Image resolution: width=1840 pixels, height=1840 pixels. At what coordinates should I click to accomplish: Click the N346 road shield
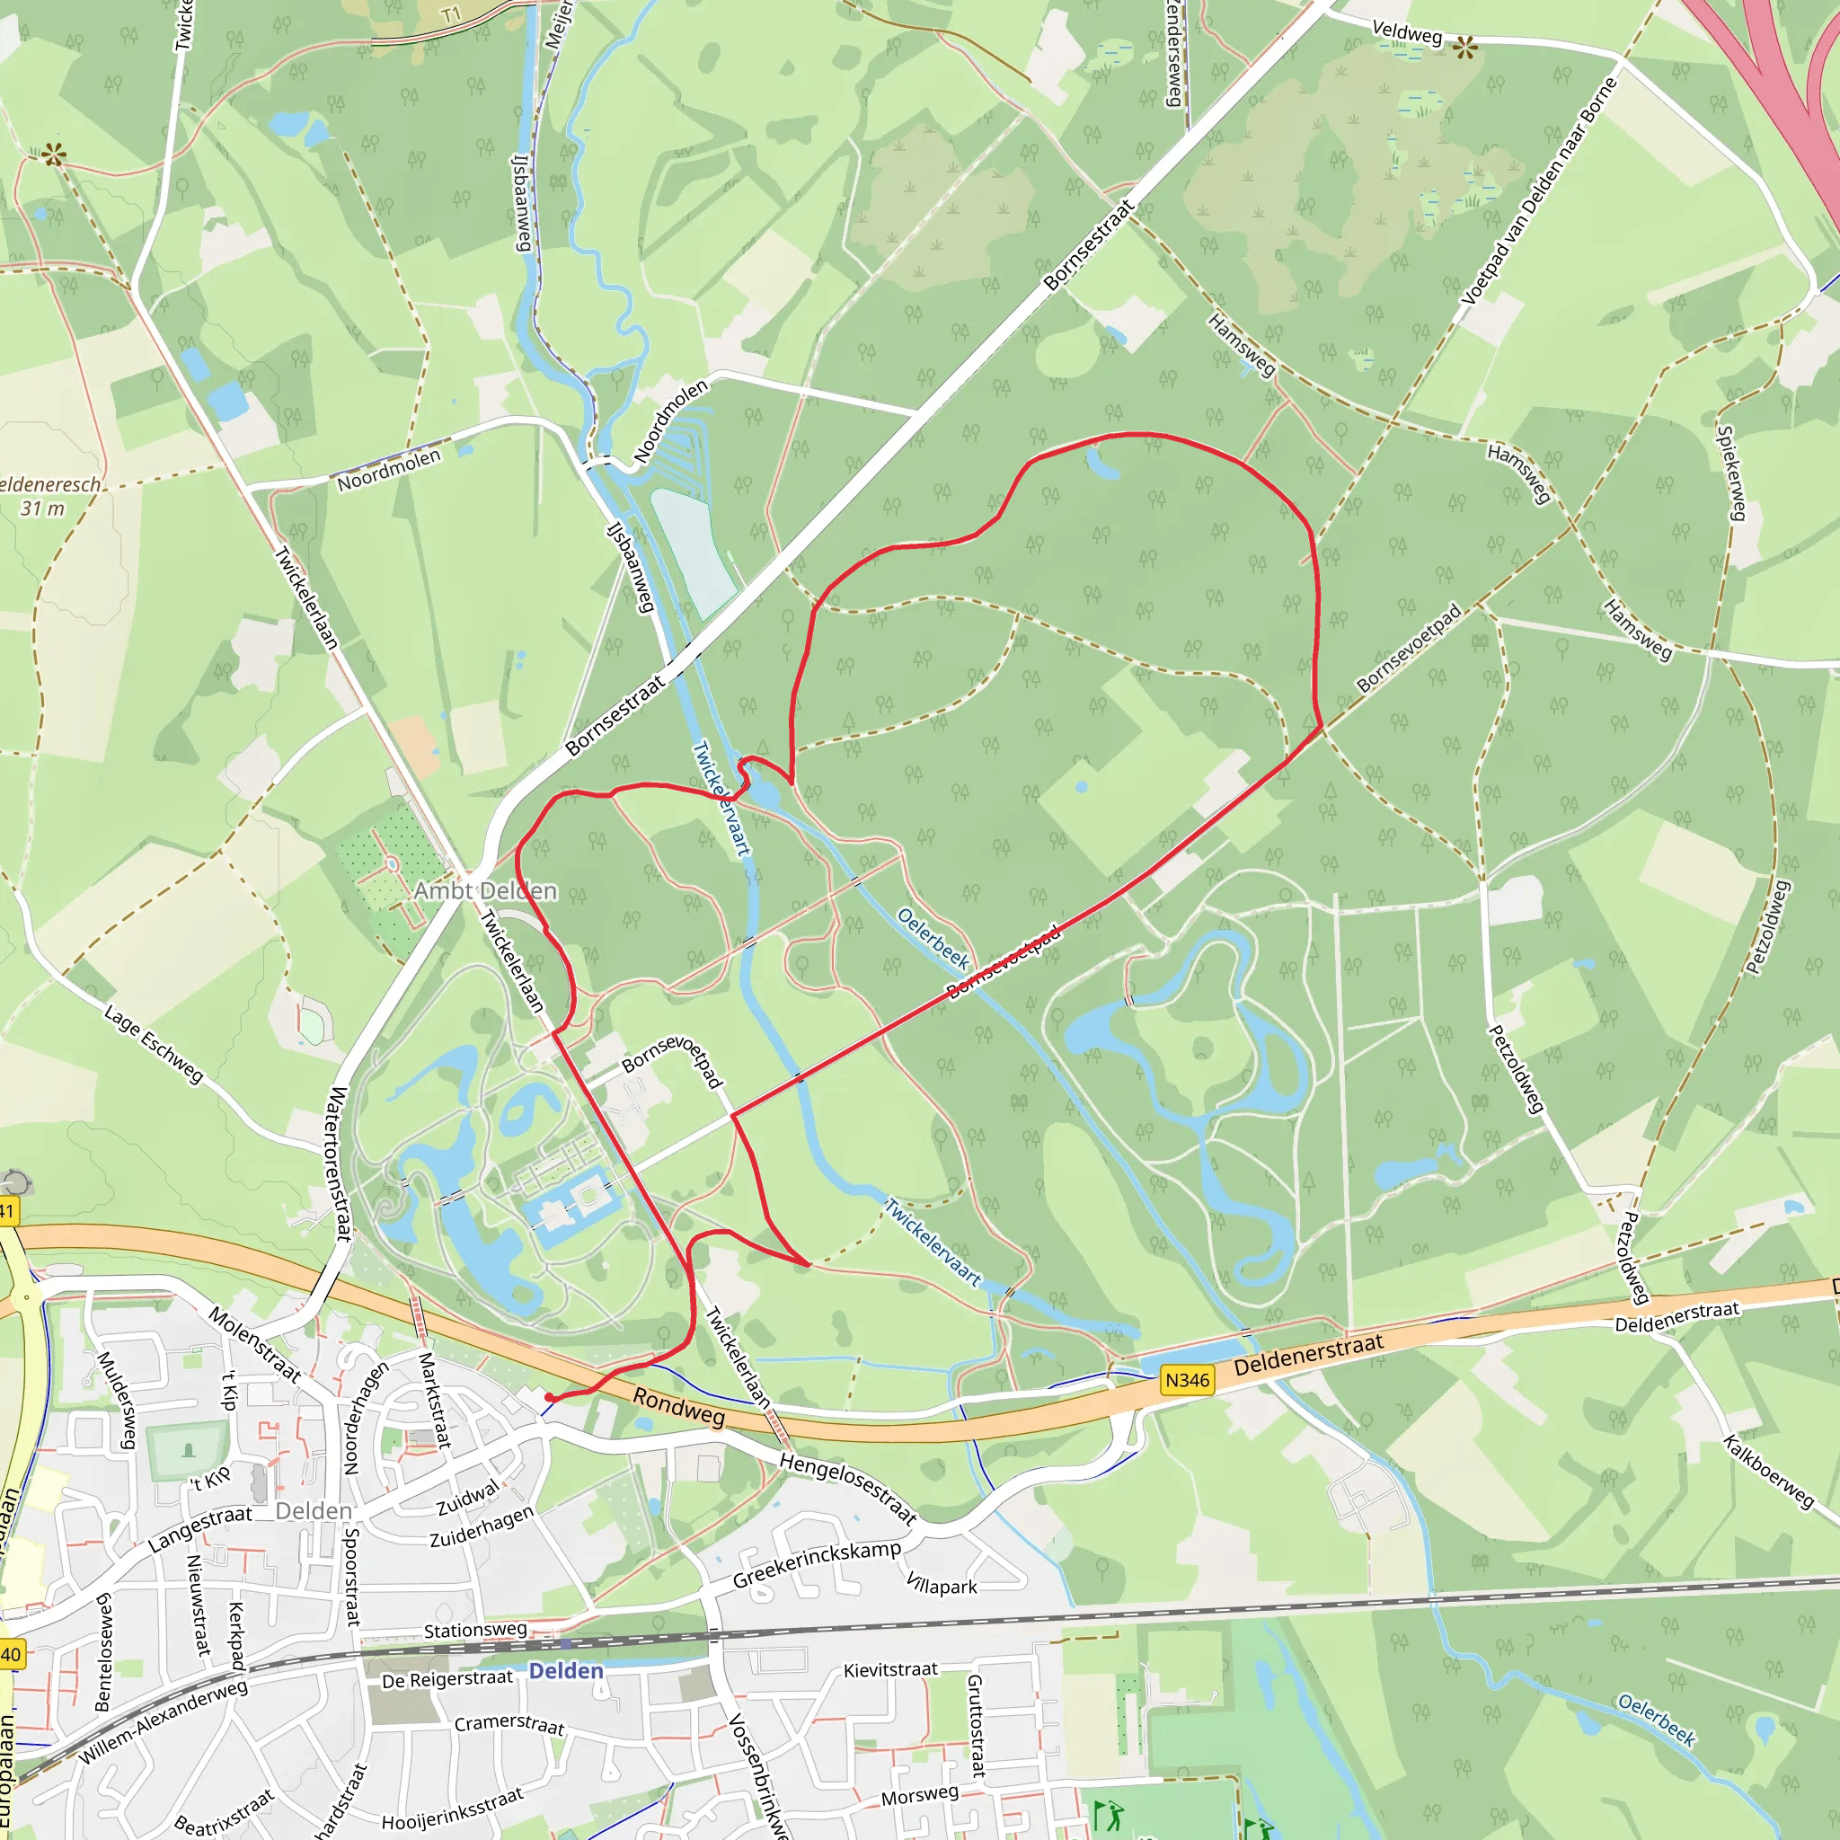point(1187,1380)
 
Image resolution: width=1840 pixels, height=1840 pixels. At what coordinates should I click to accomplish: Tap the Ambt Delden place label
point(485,891)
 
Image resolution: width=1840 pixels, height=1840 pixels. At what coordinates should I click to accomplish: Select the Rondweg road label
point(678,1408)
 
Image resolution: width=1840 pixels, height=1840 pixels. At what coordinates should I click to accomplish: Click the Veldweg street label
point(1407,33)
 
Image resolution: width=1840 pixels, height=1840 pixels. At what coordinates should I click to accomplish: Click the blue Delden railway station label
point(566,1671)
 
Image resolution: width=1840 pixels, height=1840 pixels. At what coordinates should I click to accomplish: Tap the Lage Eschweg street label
point(154,1045)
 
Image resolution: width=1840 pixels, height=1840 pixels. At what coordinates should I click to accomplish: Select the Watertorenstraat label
point(338,1163)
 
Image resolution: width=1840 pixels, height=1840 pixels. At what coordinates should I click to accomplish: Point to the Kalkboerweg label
point(1768,1473)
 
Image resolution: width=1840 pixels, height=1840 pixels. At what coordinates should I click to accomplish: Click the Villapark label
point(941,1586)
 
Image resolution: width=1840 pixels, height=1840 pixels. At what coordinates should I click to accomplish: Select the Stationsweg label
point(475,1631)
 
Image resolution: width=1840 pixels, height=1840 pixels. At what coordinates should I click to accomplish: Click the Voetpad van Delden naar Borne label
point(1539,190)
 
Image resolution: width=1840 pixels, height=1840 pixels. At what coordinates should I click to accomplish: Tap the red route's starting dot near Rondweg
point(549,1397)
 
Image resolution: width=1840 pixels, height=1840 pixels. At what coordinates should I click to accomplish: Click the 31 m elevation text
point(43,509)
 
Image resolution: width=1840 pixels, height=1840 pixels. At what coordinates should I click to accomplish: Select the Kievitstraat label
point(890,1669)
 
